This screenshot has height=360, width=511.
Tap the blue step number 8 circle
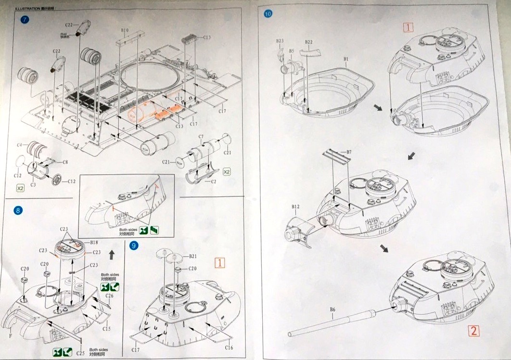(x=18, y=210)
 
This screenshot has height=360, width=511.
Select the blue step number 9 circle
(x=134, y=245)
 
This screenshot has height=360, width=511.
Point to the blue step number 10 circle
(x=268, y=13)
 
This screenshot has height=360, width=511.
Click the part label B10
(x=125, y=30)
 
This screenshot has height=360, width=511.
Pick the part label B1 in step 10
(x=346, y=59)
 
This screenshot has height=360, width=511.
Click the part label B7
(x=349, y=152)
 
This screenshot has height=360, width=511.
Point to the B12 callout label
(x=295, y=207)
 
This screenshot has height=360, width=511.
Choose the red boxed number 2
(x=474, y=331)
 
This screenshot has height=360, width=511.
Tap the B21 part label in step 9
(x=193, y=257)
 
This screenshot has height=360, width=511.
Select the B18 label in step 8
(x=94, y=243)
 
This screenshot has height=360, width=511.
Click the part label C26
(x=109, y=296)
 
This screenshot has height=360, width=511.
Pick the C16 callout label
(x=229, y=347)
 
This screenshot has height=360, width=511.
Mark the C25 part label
(x=80, y=353)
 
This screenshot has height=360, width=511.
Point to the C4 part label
(x=20, y=145)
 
